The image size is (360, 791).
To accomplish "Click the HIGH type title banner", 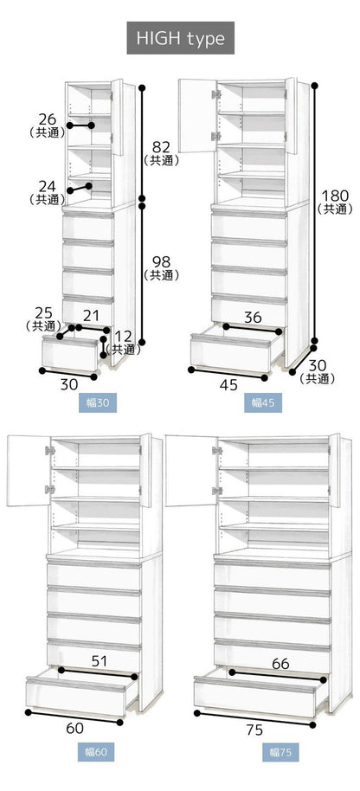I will (180, 38).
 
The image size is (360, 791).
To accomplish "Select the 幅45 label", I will (262, 402).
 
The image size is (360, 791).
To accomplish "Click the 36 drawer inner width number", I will (252, 318).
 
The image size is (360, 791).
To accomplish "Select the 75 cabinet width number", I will (253, 729).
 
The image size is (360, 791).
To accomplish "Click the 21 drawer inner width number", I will (91, 314).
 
